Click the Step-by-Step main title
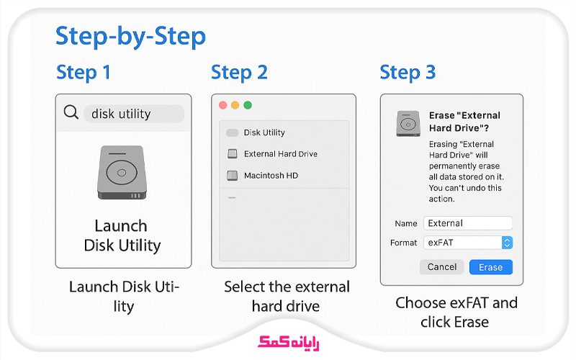(x=130, y=36)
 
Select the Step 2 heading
(x=239, y=73)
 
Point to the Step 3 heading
(x=408, y=73)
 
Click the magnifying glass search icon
(x=71, y=113)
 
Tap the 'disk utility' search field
(x=133, y=114)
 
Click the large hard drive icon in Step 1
(x=121, y=173)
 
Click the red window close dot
(x=223, y=105)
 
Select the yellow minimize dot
(x=235, y=105)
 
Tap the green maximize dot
(x=248, y=105)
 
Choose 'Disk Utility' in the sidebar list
(x=264, y=132)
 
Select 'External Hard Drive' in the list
(x=280, y=154)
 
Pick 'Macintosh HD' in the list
(x=271, y=176)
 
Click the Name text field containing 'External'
(x=468, y=223)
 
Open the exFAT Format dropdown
(x=468, y=243)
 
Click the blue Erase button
(x=491, y=267)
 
